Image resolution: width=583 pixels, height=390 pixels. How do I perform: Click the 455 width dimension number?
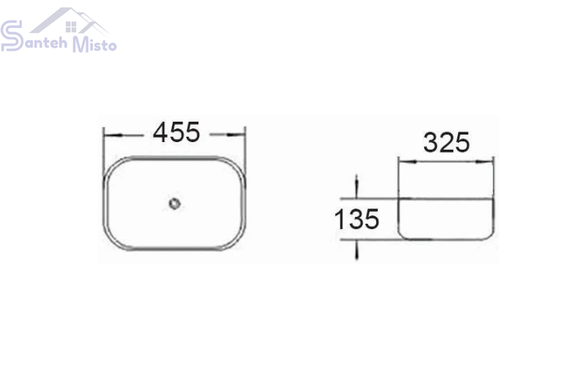[x=176, y=132]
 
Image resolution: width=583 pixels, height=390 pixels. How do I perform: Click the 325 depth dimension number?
[x=447, y=143]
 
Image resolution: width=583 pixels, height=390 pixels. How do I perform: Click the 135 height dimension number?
[x=357, y=219]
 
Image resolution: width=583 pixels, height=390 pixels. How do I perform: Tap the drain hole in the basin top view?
[x=174, y=203]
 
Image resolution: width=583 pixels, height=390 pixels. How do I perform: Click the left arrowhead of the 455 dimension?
[x=112, y=135]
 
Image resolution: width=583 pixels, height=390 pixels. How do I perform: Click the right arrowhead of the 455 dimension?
[x=237, y=135]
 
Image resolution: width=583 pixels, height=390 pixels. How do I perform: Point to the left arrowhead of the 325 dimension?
[x=407, y=162]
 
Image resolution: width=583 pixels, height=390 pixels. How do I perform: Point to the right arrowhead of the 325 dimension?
[x=485, y=162]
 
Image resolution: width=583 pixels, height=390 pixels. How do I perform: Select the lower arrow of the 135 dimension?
[x=357, y=249]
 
